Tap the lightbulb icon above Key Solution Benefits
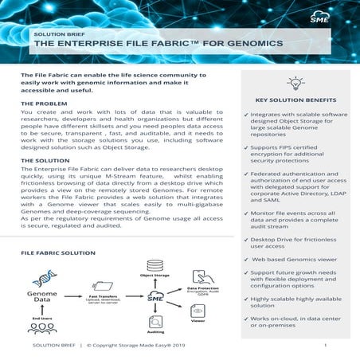[295, 84]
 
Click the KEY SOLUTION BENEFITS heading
[295, 100]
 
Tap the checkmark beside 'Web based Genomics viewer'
[245, 260]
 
